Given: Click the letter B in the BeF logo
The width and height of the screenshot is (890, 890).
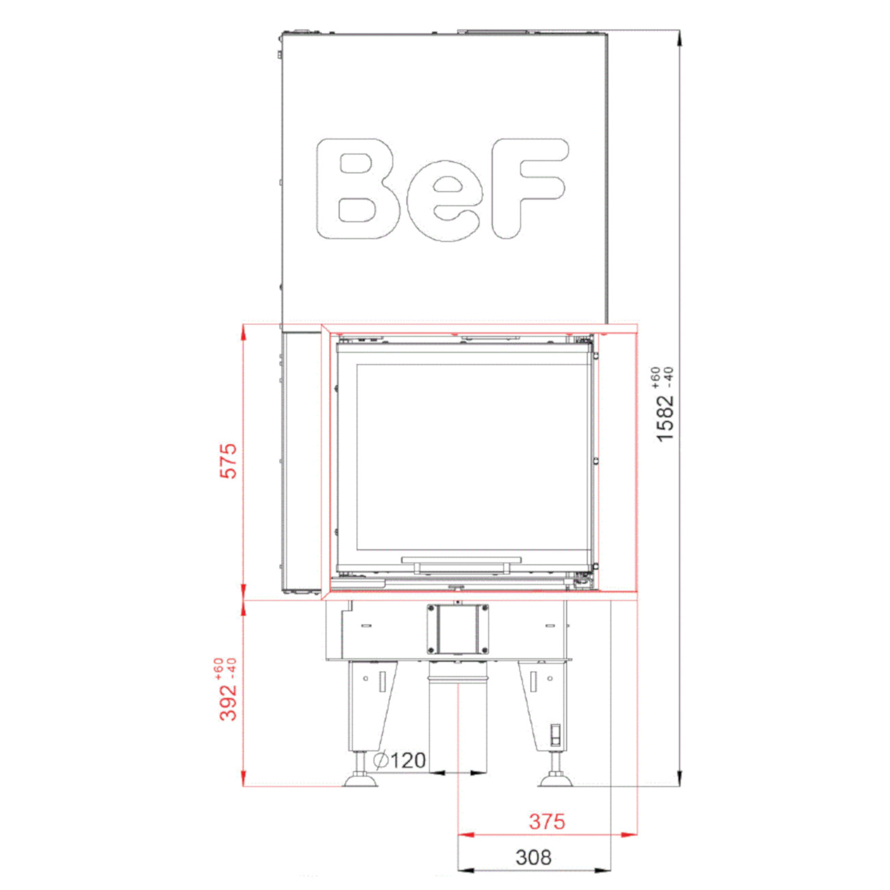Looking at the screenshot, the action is pos(355,188).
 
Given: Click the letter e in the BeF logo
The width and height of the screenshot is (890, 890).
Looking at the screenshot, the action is pos(444,201).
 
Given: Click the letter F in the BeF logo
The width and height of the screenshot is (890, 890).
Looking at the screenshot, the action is pos(529,188).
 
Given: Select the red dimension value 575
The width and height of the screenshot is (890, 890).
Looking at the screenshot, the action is pos(229,461).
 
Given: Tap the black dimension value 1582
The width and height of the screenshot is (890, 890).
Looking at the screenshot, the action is pos(665,418).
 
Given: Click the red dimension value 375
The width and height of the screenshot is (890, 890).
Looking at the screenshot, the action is pos(547,821).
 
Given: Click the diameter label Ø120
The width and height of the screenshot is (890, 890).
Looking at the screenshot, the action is pos(400,760).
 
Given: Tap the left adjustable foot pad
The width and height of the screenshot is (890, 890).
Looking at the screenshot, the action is pos(361,780).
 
